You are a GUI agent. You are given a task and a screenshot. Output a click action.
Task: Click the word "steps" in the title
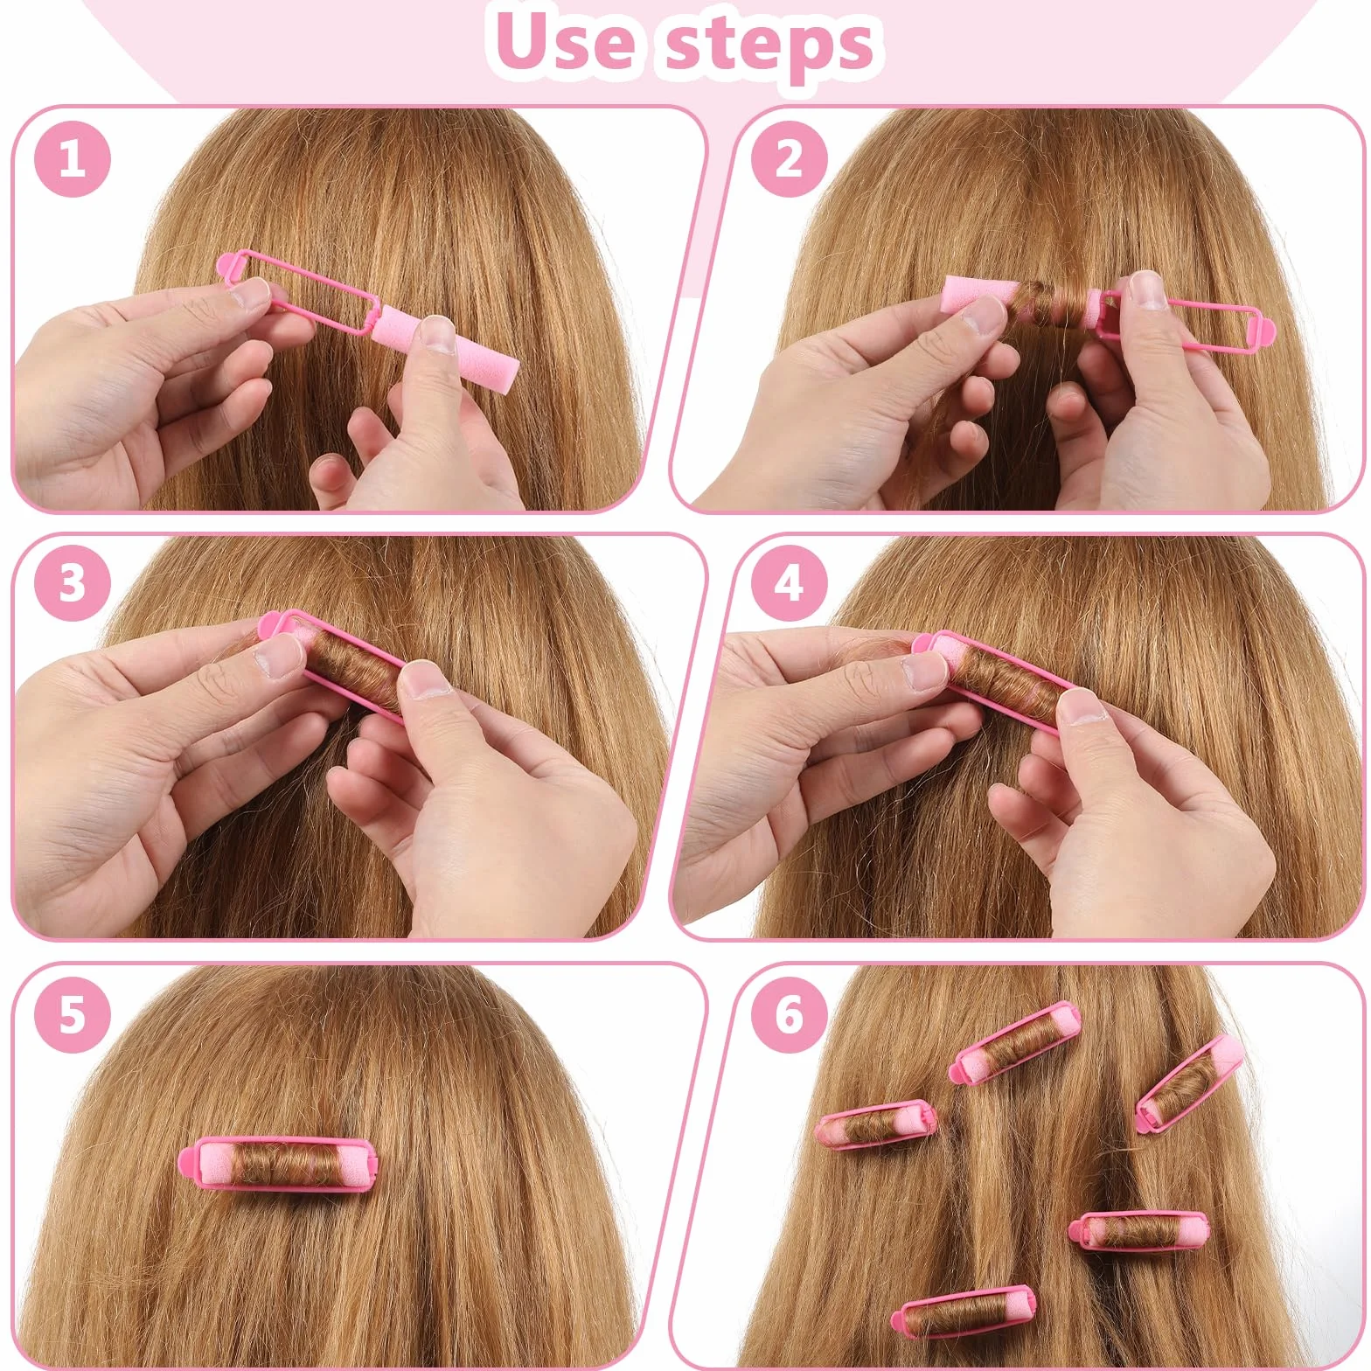tap(769, 45)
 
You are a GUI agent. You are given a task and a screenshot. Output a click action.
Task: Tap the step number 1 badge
tap(73, 160)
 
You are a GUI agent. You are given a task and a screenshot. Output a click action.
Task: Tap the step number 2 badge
tap(789, 160)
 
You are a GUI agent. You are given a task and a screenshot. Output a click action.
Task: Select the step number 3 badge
tap(73, 581)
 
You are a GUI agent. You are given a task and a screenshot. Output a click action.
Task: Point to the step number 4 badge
tap(789, 581)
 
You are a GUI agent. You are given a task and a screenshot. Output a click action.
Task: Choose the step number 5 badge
tap(73, 1014)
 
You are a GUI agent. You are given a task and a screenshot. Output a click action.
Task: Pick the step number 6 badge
tap(789, 1014)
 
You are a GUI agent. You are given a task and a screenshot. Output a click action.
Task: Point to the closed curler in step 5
tap(280, 1168)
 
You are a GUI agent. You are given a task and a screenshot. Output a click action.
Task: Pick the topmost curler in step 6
tap(1015, 1044)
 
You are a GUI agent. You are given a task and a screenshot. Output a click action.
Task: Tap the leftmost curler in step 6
tap(876, 1125)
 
